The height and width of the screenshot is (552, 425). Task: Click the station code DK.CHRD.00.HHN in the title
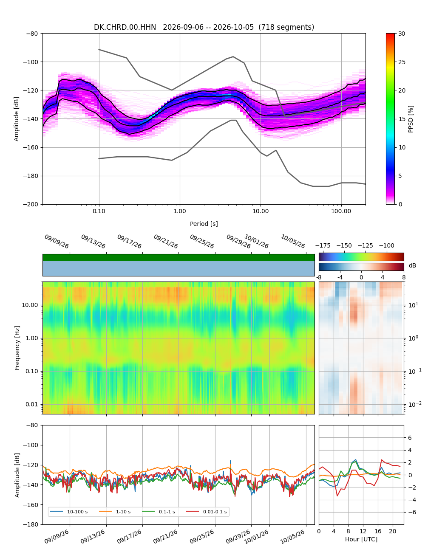coord(125,27)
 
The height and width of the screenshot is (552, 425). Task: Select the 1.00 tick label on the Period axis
coord(180,211)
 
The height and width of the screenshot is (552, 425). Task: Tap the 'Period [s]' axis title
coord(204,224)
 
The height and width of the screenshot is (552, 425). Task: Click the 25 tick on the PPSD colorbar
coord(402,62)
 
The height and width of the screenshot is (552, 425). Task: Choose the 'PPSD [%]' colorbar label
coord(411,119)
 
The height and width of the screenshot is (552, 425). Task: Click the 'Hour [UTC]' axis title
coord(361,539)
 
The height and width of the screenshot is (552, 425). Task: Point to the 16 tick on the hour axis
coord(378,531)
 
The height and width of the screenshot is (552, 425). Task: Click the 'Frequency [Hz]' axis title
coord(17,348)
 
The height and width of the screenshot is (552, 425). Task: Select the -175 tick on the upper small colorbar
coord(323,246)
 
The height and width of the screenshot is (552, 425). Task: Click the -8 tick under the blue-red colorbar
coord(319,277)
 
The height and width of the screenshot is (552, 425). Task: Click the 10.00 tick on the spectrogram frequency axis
coord(30,305)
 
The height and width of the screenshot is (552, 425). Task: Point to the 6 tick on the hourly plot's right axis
coord(410,438)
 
